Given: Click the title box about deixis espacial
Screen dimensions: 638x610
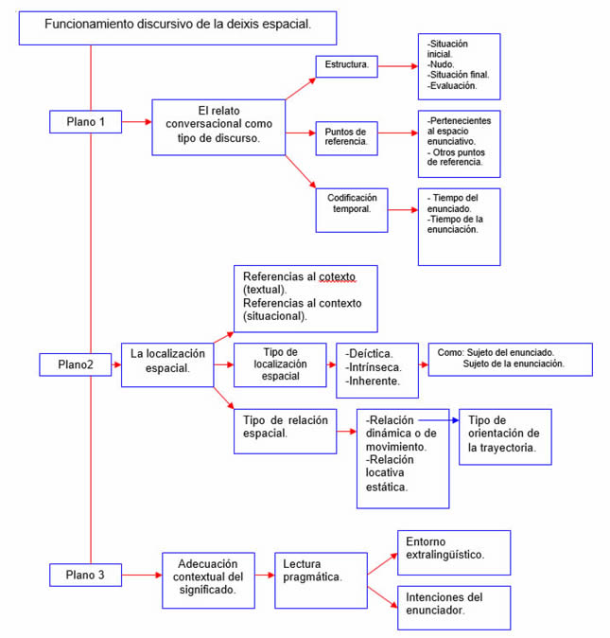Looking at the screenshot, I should click(177, 27).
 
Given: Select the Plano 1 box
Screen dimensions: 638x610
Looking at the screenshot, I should click(92, 122).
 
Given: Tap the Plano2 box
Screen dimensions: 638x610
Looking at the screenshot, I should click(78, 364).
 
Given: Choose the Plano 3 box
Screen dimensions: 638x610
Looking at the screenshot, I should click(92, 575).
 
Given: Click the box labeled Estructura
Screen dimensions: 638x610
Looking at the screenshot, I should click(346, 66).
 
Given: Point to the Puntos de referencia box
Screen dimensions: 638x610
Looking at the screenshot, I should click(346, 134).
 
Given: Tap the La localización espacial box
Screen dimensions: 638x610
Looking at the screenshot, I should click(166, 363).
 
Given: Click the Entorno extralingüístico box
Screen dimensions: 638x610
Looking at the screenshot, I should click(453, 552).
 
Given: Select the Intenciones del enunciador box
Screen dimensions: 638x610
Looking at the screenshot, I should click(453, 607).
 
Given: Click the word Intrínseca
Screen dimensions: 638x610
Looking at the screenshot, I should click(368, 365).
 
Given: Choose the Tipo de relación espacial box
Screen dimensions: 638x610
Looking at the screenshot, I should click(286, 428).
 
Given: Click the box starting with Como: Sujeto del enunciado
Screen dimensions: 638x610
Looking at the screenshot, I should click(509, 359).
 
